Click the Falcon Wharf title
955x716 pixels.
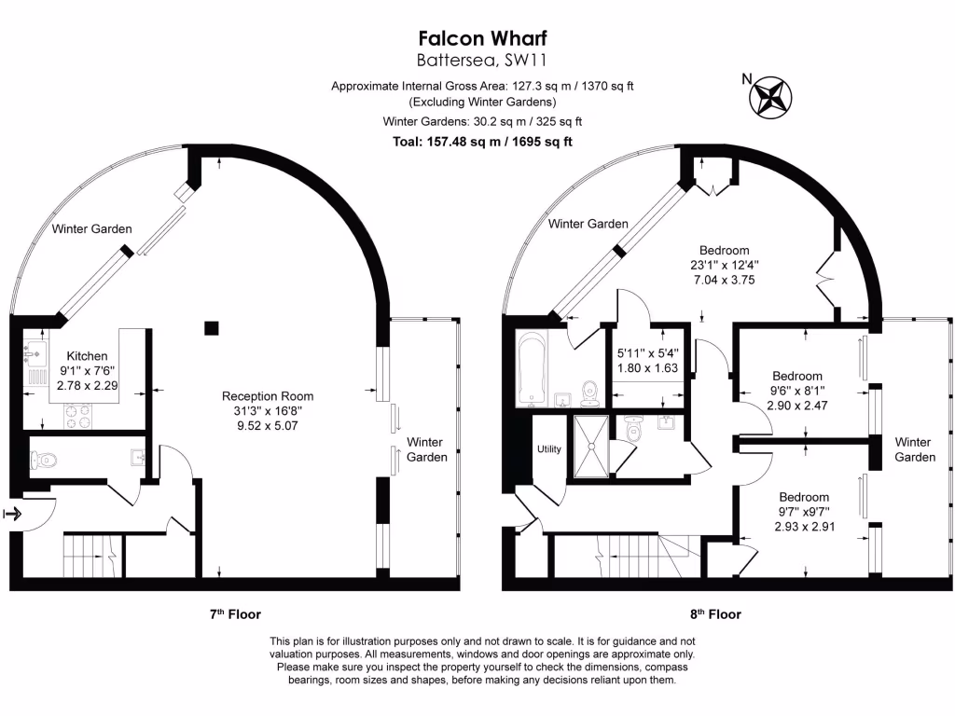482,38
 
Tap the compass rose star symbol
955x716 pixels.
770,97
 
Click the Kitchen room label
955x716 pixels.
87,356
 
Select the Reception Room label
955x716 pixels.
268,396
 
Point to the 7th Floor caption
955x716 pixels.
235,614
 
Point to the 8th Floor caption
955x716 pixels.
715,614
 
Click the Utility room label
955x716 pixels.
548,449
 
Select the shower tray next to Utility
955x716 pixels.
590,446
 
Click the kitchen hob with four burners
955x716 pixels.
78,416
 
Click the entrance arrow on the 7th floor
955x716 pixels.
13,515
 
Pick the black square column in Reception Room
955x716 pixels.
212,328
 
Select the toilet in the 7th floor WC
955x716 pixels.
43,460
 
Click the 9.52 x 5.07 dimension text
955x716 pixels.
268,425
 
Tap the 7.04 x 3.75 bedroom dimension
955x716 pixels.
724,280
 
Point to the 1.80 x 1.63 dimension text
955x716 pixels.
647,367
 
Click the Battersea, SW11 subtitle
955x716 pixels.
482,61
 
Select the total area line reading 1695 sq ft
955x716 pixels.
482,142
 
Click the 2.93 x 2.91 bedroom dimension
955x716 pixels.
805,527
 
